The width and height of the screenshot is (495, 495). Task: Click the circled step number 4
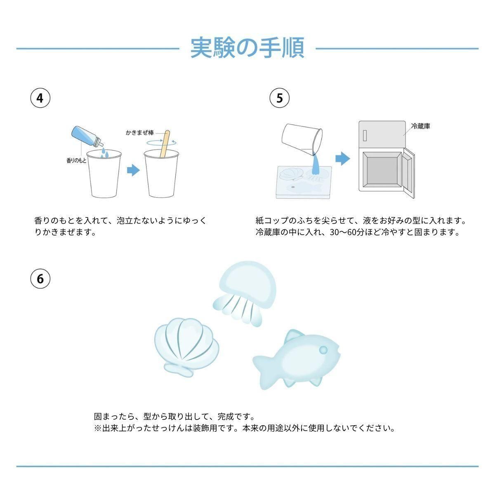point(40,98)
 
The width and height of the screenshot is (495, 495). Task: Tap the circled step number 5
point(280,98)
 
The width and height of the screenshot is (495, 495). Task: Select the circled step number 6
point(40,279)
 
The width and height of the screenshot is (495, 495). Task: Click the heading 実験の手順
point(247,48)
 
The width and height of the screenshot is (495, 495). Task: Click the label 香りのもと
point(77,160)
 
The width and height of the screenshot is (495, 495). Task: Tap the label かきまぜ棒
point(140,132)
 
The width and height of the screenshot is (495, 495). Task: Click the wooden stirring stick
point(165,144)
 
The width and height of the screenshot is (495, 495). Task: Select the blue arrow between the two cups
point(133,170)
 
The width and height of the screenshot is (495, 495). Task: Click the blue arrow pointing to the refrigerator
point(343,158)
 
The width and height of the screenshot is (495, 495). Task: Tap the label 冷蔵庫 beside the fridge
point(420,126)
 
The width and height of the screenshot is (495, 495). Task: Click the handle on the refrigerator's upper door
point(365,135)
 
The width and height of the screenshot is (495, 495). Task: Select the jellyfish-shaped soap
point(244,293)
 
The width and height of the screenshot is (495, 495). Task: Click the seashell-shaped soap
point(187,347)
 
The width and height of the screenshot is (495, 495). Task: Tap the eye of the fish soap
point(323,350)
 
